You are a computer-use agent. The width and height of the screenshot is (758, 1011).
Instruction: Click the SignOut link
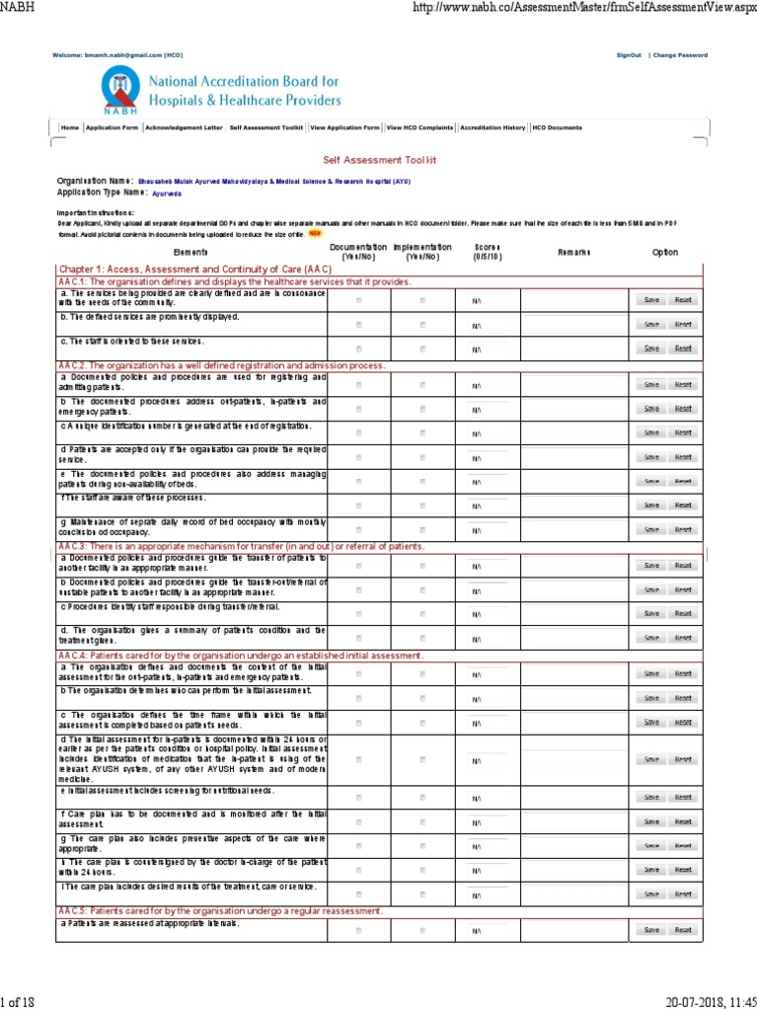(x=629, y=55)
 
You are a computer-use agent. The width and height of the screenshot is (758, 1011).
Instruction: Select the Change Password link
(x=680, y=55)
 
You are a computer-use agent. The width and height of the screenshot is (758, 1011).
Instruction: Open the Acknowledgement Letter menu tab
(x=184, y=127)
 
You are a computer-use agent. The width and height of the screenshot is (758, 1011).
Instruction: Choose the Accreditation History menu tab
(x=493, y=127)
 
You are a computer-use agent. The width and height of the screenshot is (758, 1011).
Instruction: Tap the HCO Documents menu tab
(x=558, y=127)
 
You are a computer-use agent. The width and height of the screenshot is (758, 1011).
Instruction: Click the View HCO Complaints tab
(x=420, y=127)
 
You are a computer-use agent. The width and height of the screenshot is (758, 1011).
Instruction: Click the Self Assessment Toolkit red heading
(x=379, y=159)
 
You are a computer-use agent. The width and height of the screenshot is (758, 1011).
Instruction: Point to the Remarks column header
(x=573, y=252)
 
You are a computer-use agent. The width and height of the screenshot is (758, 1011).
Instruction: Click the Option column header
(x=665, y=252)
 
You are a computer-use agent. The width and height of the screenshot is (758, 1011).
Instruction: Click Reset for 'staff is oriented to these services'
(x=682, y=348)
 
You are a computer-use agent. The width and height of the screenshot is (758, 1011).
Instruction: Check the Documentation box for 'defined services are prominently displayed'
(x=358, y=324)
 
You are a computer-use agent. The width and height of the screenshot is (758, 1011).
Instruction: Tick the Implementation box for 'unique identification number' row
(x=422, y=432)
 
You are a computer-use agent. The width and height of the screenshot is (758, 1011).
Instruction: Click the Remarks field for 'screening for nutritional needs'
(x=573, y=797)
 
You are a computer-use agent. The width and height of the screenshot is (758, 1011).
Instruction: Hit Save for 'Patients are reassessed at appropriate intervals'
(x=651, y=930)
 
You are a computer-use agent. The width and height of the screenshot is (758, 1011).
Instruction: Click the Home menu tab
(x=69, y=127)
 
